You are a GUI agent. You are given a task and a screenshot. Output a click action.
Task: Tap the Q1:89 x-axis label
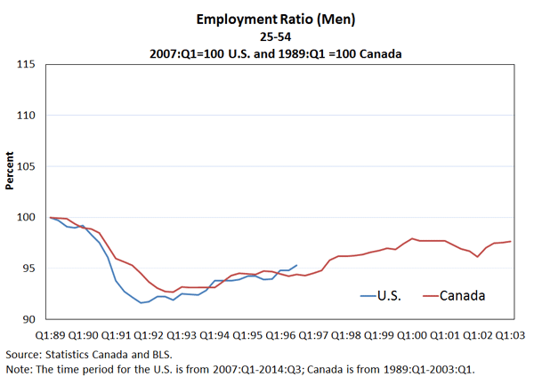point(50,335)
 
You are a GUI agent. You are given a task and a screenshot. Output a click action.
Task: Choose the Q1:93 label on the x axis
point(182,335)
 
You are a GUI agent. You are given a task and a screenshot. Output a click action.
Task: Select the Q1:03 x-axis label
point(510,335)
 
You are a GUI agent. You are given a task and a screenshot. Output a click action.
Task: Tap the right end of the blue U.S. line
point(296,264)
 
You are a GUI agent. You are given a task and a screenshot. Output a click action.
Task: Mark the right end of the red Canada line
point(510,241)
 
